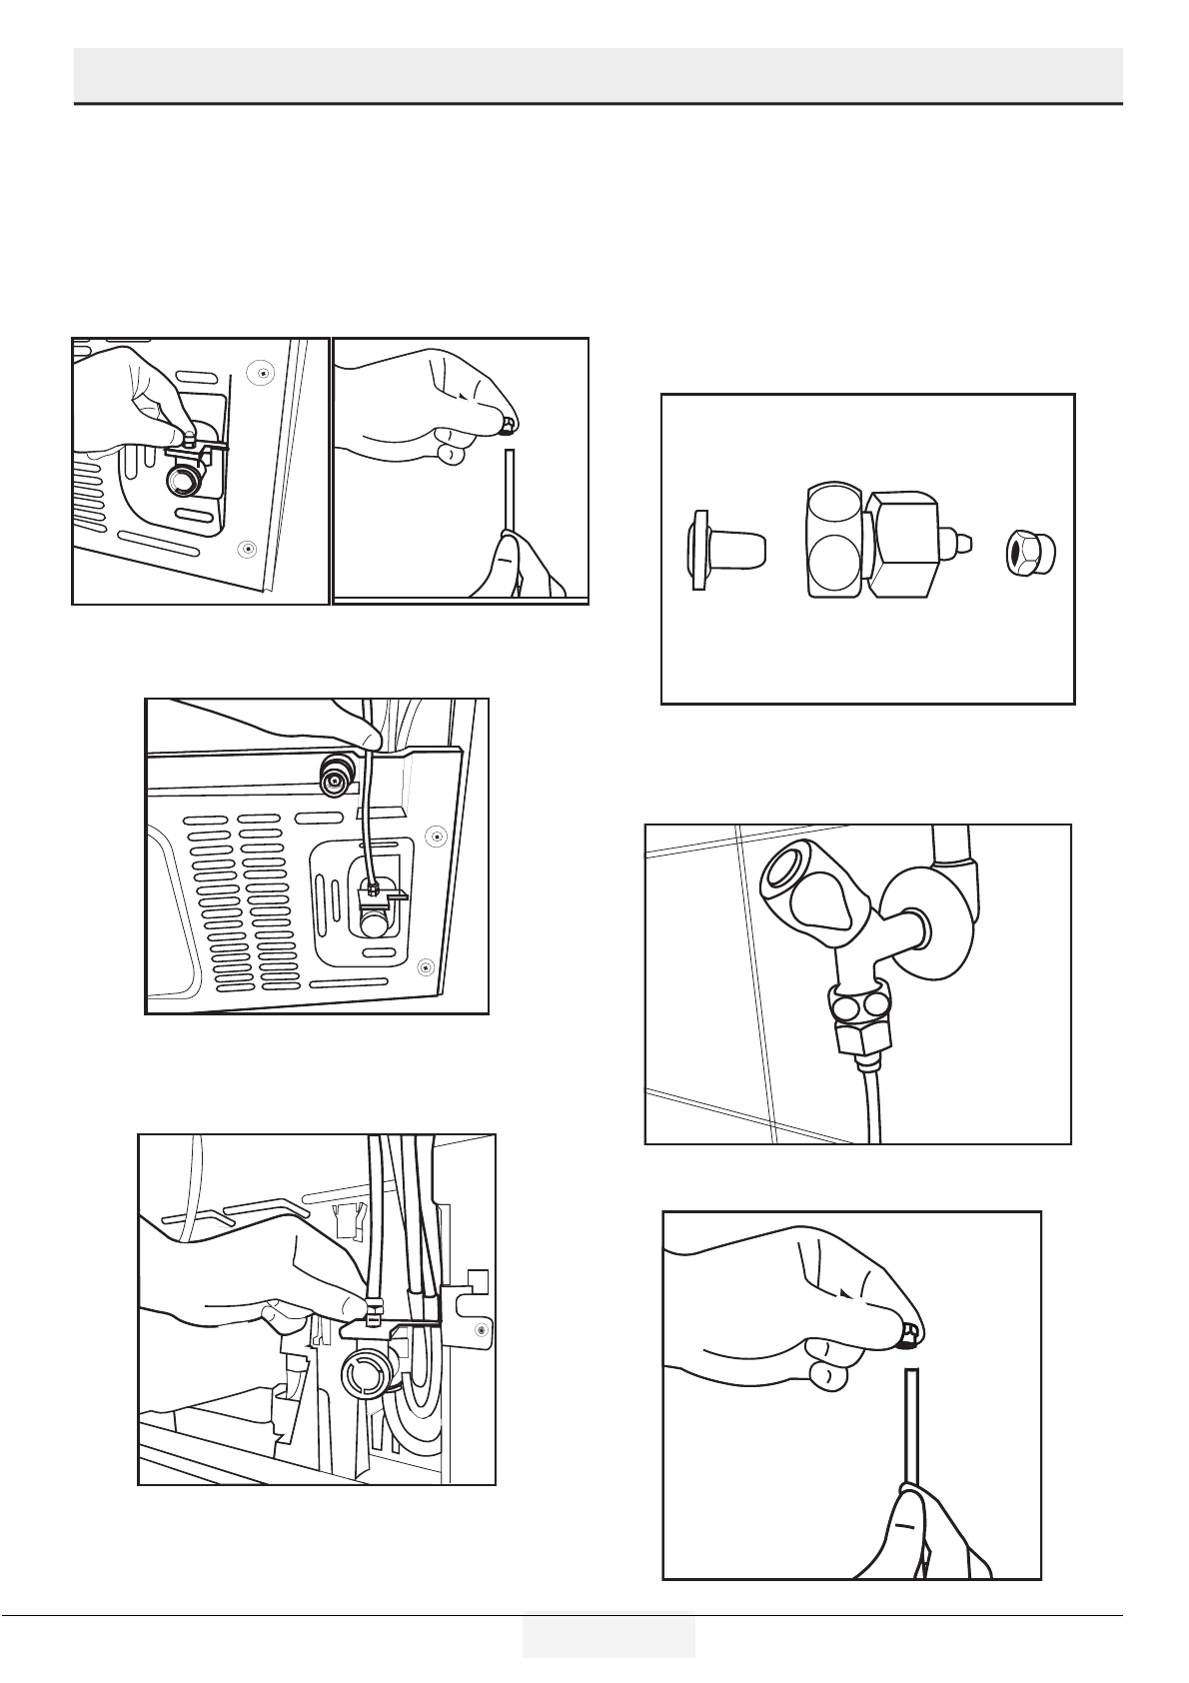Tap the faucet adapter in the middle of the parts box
[874, 543]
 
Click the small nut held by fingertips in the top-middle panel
[511, 427]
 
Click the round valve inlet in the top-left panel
[182, 484]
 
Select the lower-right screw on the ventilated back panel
[427, 964]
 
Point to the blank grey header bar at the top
[597, 73]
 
